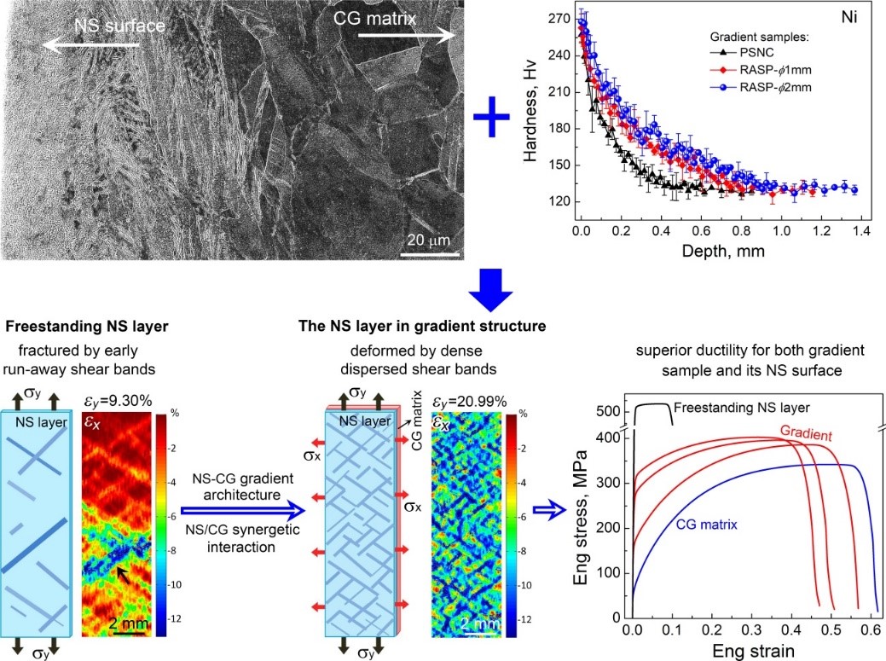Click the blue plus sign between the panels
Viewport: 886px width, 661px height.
coord(491,117)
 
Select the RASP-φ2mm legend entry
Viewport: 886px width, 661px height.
coord(761,88)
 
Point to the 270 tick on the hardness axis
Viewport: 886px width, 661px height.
coord(559,19)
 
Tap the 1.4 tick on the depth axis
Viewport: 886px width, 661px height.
coord(862,230)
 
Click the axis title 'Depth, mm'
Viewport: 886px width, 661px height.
coord(723,251)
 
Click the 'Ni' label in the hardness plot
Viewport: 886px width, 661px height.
coord(848,17)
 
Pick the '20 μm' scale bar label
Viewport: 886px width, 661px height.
coord(429,241)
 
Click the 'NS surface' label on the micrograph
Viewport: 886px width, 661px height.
coord(119,26)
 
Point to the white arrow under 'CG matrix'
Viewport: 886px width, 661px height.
coord(407,36)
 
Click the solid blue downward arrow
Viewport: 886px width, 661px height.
coord(490,290)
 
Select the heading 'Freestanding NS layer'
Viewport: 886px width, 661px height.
coord(86,327)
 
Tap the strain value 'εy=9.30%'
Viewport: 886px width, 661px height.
coord(118,401)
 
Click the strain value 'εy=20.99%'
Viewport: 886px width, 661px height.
coord(469,402)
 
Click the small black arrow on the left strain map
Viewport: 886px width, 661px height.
coord(123,575)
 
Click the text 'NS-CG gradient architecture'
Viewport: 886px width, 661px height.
coord(242,486)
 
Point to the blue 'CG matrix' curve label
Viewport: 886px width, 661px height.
coord(706,525)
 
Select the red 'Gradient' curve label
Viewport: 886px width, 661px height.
coord(807,433)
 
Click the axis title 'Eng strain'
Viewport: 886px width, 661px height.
coord(753,651)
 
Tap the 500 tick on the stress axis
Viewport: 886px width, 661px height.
coord(608,411)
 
